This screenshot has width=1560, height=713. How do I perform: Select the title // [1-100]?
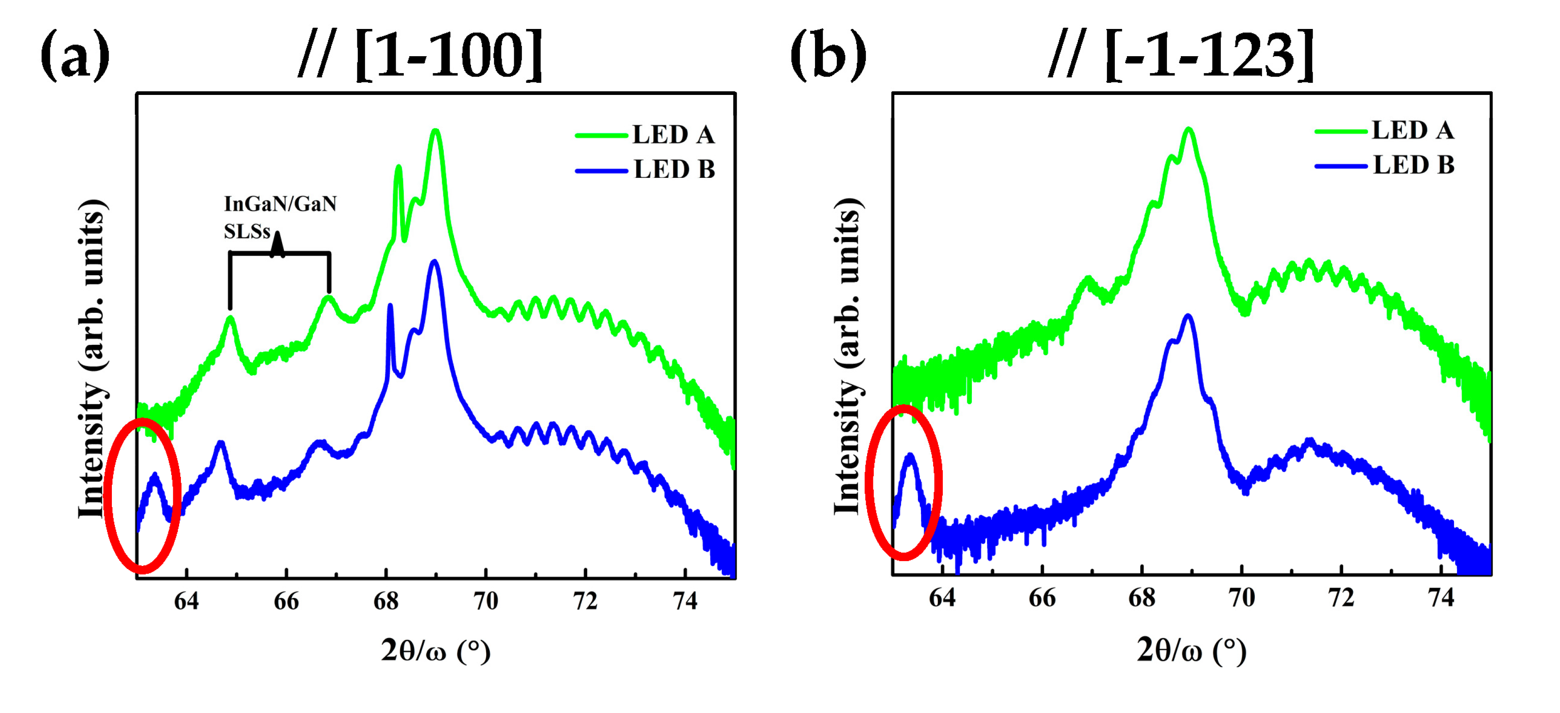421,56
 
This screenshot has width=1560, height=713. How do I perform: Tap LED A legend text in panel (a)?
673,135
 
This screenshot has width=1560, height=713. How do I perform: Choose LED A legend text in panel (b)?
1413,130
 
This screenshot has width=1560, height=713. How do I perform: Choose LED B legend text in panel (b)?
1413,165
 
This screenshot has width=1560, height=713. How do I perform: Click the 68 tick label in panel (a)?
386,601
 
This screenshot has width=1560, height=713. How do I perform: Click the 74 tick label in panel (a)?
685,601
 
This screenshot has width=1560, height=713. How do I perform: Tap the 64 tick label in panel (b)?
942,598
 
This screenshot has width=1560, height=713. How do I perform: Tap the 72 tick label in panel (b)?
1341,598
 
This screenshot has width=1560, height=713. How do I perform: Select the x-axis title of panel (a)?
435,651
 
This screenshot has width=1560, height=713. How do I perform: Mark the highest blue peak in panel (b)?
1188,316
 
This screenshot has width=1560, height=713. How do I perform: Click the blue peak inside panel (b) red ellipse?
909,455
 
